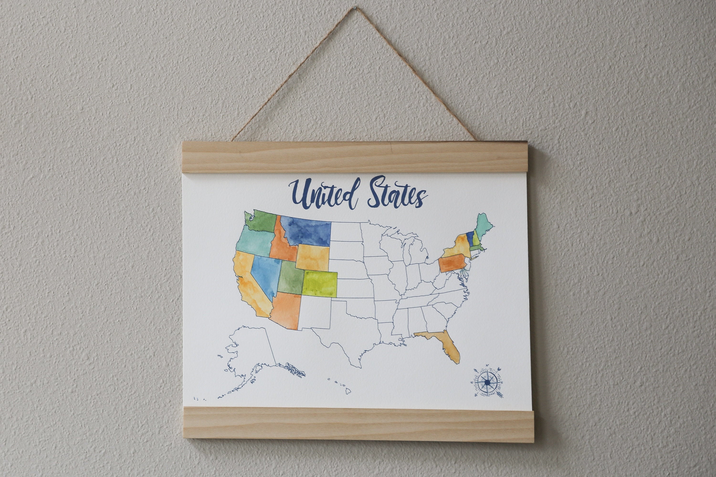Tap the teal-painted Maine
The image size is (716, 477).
(x=484, y=228)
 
